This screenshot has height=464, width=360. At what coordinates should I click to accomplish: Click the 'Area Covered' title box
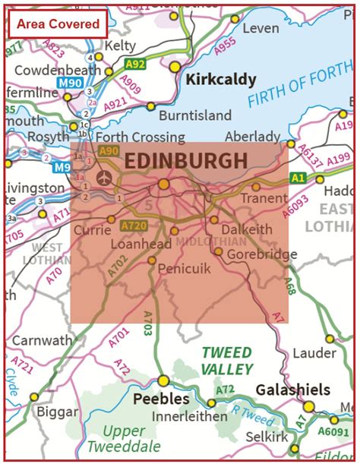click(x=58, y=24)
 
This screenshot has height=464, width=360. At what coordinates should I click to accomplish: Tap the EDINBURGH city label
click(x=185, y=161)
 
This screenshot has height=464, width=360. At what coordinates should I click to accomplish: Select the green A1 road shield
click(x=298, y=178)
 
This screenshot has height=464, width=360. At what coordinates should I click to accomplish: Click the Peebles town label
click(x=161, y=398)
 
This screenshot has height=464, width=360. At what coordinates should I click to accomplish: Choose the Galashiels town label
click(x=292, y=390)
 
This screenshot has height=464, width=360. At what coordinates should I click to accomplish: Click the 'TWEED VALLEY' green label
click(x=227, y=361)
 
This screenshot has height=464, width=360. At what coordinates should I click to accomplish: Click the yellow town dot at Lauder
click(x=330, y=339)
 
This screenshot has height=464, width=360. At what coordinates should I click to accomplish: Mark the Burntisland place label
click(x=195, y=115)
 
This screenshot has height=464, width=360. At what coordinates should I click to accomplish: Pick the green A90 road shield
click(x=109, y=151)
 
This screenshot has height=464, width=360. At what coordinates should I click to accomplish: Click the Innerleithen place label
click(x=190, y=416)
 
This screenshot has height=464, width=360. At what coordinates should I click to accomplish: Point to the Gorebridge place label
click(x=262, y=254)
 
